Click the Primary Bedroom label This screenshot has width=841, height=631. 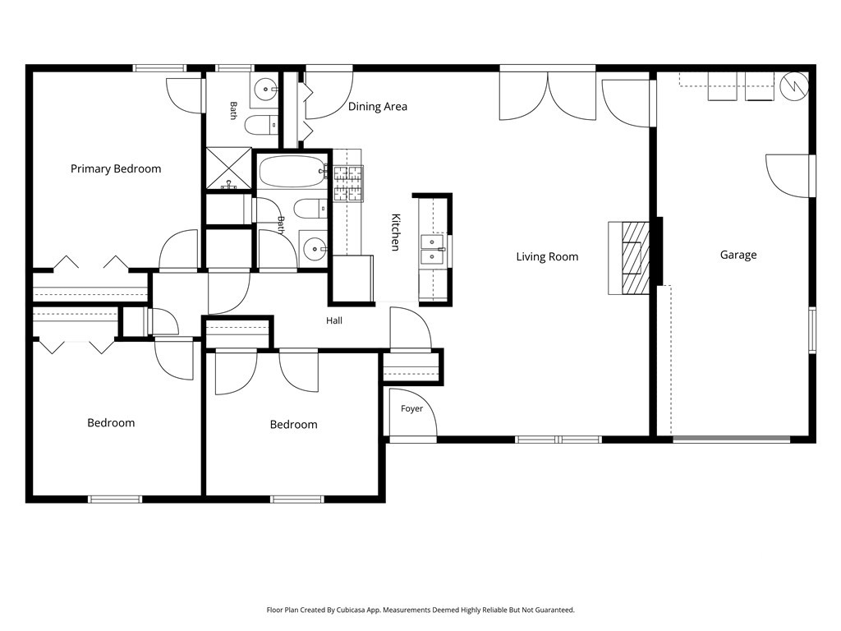(116, 169)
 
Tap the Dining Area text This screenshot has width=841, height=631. (378, 107)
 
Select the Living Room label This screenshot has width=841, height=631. (547, 257)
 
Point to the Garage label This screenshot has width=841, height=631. (738, 255)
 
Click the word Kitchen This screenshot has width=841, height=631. (396, 233)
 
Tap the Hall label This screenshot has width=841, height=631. (334, 321)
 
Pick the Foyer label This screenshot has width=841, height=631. (412, 409)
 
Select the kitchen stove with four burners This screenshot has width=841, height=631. (348, 183)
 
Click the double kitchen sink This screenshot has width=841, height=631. (432, 250)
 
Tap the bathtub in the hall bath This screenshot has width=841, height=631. (292, 172)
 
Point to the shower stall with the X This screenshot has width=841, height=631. (229, 168)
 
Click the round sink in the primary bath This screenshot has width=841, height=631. (265, 89)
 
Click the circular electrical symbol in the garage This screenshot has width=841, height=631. (794, 85)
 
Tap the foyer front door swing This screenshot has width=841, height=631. (413, 412)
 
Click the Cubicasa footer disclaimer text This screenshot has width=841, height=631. (420, 610)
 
